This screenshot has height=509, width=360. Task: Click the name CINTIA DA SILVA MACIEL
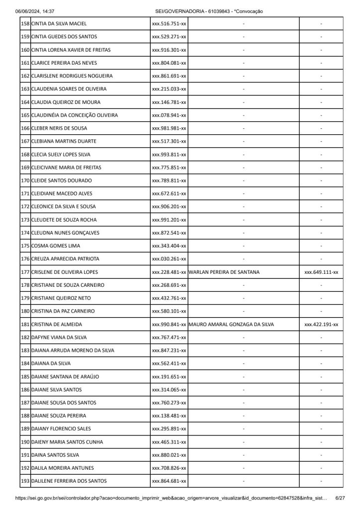[x=59, y=23]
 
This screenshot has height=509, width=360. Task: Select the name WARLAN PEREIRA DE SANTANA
[x=224, y=272]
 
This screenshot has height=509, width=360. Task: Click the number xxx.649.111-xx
[x=321, y=272]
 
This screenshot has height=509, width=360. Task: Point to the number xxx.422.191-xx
[x=321, y=325]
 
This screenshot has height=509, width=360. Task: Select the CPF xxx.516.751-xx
[x=169, y=23]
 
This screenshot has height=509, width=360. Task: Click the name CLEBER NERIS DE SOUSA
[x=59, y=128]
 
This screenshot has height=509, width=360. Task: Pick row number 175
[x=25, y=246]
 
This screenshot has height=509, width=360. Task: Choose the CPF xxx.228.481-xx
[x=169, y=272]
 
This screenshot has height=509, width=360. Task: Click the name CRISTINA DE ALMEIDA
[x=57, y=325]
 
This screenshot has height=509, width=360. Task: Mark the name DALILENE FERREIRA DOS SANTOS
[x=69, y=481]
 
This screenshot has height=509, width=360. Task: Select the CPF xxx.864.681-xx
[x=169, y=481]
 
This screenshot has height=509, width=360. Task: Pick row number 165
[x=25, y=115]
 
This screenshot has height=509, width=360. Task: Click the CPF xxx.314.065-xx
[x=169, y=390]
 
